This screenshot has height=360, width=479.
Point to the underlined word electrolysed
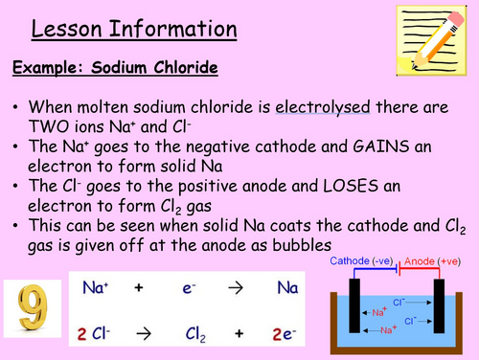click(x=322, y=108)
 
